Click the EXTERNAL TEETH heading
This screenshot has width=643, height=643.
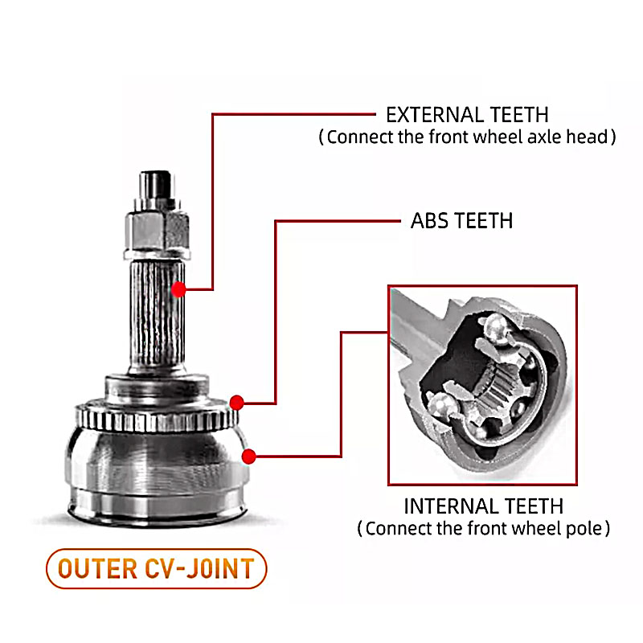pos(467,114)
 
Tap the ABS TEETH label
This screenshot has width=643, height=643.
pos(461,220)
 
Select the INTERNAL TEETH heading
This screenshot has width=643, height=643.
pos(483,506)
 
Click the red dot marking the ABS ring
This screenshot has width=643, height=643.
pos(236,402)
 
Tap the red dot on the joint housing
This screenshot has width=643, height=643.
pos(248,457)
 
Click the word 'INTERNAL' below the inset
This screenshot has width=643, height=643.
pos(449,506)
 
